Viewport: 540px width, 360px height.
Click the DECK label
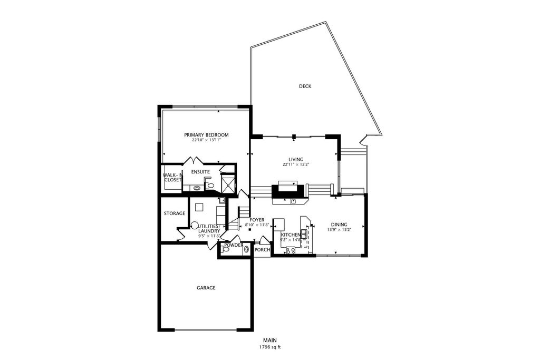tap(305, 86)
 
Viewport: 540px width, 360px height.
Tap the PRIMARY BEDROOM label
tap(206, 135)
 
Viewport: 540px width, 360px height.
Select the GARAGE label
tap(206, 288)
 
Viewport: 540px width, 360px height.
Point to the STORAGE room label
tap(174, 213)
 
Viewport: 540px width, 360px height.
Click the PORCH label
tap(262, 250)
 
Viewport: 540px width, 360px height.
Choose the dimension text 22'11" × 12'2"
tap(296, 164)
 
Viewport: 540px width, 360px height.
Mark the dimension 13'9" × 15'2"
tap(339, 230)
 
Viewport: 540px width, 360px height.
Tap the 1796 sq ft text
tap(270, 347)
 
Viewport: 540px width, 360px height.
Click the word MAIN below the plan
tap(270, 340)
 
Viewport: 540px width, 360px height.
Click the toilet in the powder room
tap(225, 249)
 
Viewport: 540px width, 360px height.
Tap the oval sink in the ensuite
tap(197, 188)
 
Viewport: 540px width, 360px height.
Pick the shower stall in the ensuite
tap(228, 183)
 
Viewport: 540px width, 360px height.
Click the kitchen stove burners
tap(291, 250)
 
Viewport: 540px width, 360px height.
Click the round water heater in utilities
tap(195, 225)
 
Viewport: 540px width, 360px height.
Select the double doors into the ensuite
tap(194, 161)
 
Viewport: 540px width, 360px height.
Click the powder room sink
tap(247, 249)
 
